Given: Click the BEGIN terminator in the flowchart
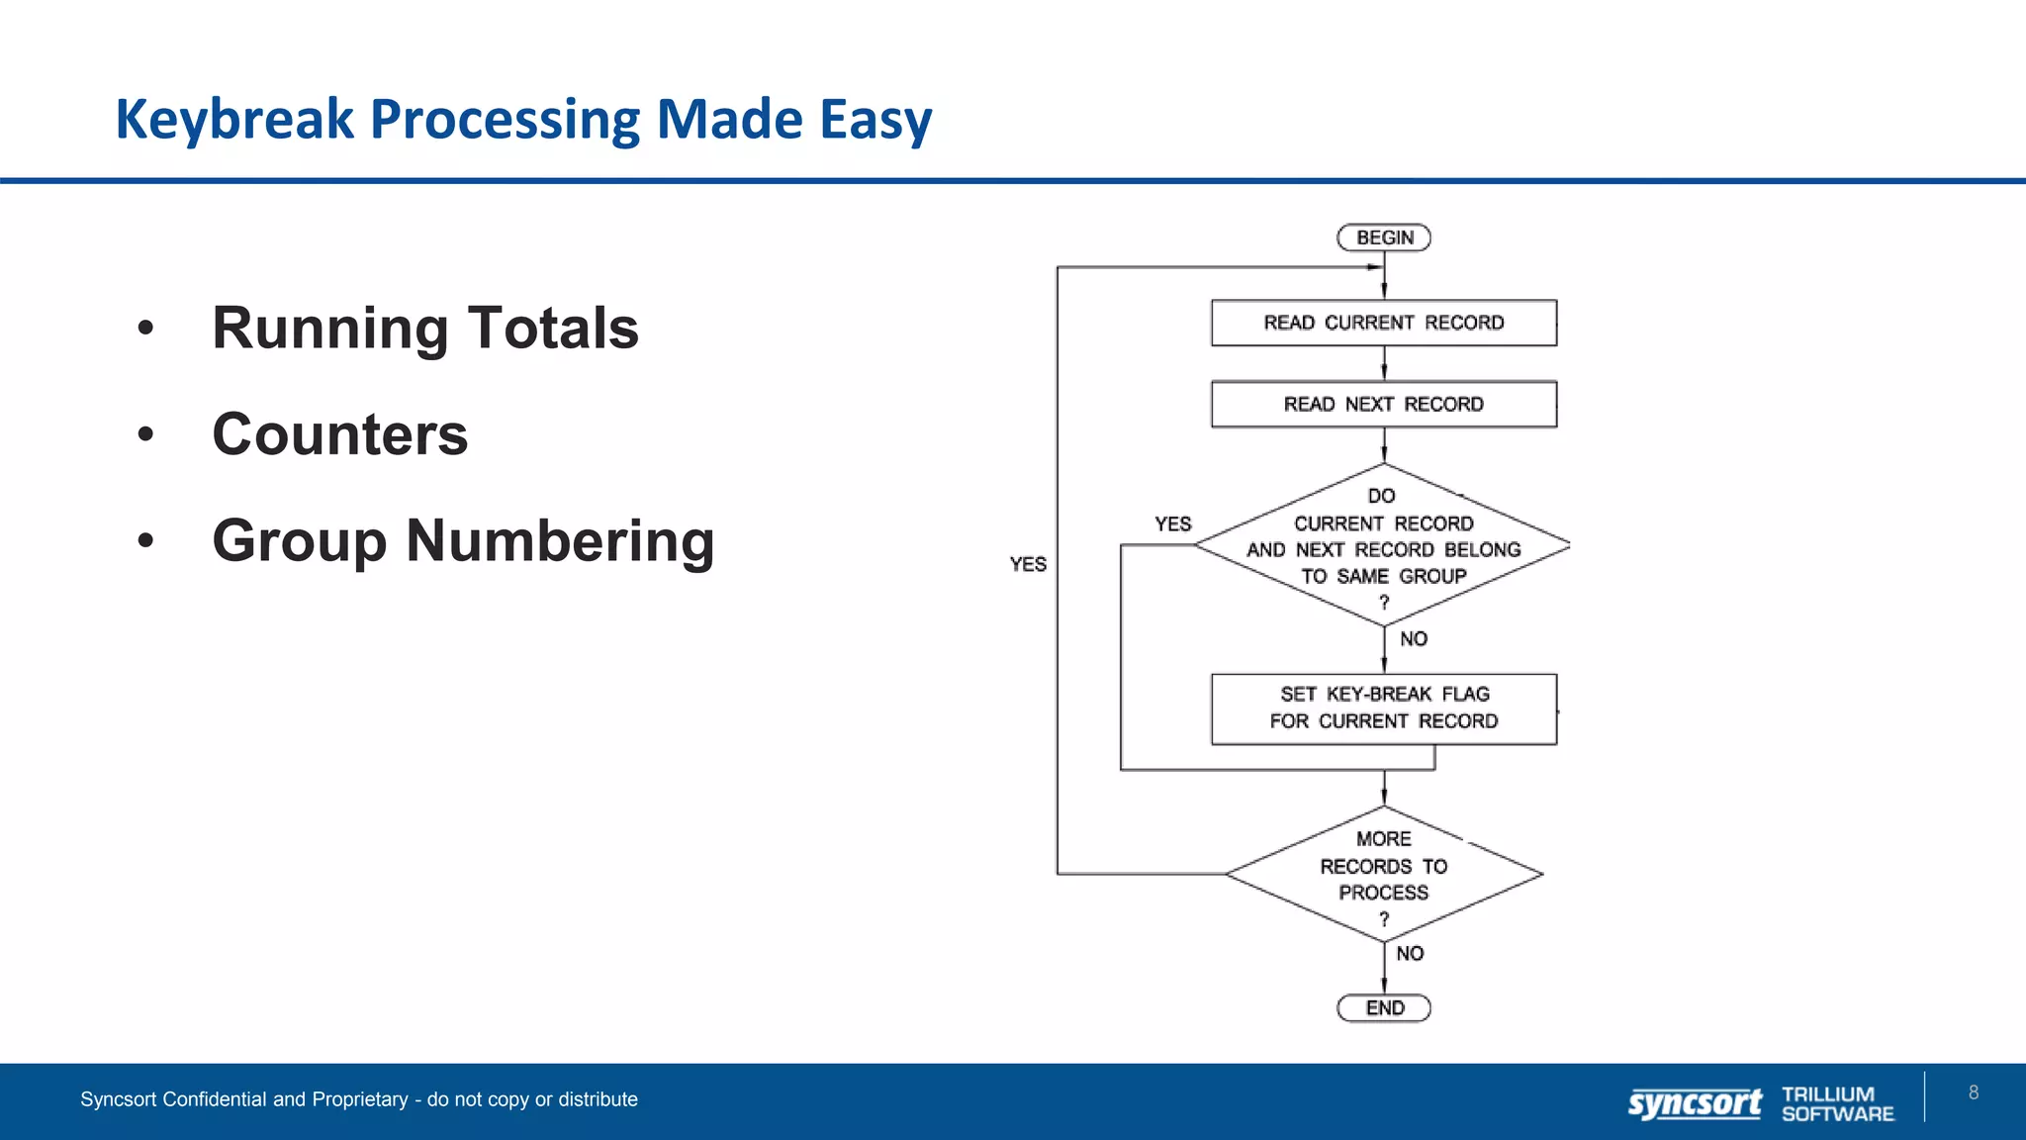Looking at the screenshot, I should click(x=1383, y=237).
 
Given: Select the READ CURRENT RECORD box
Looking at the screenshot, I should click(x=1383, y=323).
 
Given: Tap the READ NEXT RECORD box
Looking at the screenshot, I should click(x=1383, y=404).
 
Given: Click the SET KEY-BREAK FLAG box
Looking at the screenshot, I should click(x=1383, y=708).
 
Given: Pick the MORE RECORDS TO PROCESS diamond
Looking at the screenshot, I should click(x=1383, y=874).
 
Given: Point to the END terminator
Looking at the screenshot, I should click(x=1383, y=1007).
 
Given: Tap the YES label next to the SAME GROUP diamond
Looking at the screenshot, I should click(x=1172, y=523).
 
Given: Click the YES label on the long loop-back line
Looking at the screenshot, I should click(x=1028, y=564).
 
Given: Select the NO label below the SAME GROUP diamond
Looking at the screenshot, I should click(x=1414, y=639).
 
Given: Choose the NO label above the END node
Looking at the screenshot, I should click(x=1410, y=953).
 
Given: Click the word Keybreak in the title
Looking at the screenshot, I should click(x=233, y=120).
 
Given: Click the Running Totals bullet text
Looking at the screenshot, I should click(x=425, y=328).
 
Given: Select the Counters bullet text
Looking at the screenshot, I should click(x=339, y=434).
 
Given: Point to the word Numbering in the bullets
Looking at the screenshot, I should click(x=559, y=541).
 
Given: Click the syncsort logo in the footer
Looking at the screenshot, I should click(x=1694, y=1102).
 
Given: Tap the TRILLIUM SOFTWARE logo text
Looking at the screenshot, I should click(x=1837, y=1103).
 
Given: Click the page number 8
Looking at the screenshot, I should click(x=1973, y=1092).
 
